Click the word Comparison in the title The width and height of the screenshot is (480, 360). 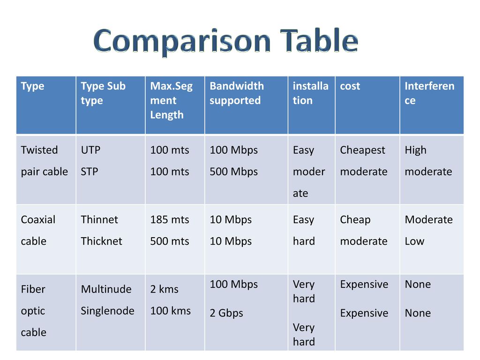(x=182, y=41)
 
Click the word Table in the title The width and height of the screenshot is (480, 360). (x=319, y=40)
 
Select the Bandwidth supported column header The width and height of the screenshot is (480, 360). (x=237, y=93)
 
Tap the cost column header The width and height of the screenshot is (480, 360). (x=350, y=86)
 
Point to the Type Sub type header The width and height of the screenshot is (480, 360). (x=103, y=93)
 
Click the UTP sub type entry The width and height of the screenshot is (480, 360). (x=90, y=150)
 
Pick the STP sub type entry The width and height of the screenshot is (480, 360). (x=90, y=172)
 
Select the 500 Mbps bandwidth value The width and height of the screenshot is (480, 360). (x=233, y=172)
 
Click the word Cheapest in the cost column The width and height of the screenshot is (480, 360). (x=362, y=150)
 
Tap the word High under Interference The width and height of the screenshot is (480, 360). (x=415, y=150)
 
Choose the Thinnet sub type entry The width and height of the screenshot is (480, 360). (x=99, y=219)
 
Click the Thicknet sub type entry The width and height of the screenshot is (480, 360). (x=101, y=241)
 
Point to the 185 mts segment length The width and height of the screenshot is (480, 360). (x=170, y=219)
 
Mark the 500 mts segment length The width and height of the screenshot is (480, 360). (x=170, y=241)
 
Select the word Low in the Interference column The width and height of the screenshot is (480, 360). (x=414, y=241)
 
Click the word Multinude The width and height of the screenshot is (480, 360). (x=106, y=289)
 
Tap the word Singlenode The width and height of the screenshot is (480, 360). (x=107, y=311)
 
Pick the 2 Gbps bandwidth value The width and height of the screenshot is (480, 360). (x=226, y=313)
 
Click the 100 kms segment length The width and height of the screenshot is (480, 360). (x=170, y=311)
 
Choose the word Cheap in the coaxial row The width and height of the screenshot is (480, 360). (x=355, y=220)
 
